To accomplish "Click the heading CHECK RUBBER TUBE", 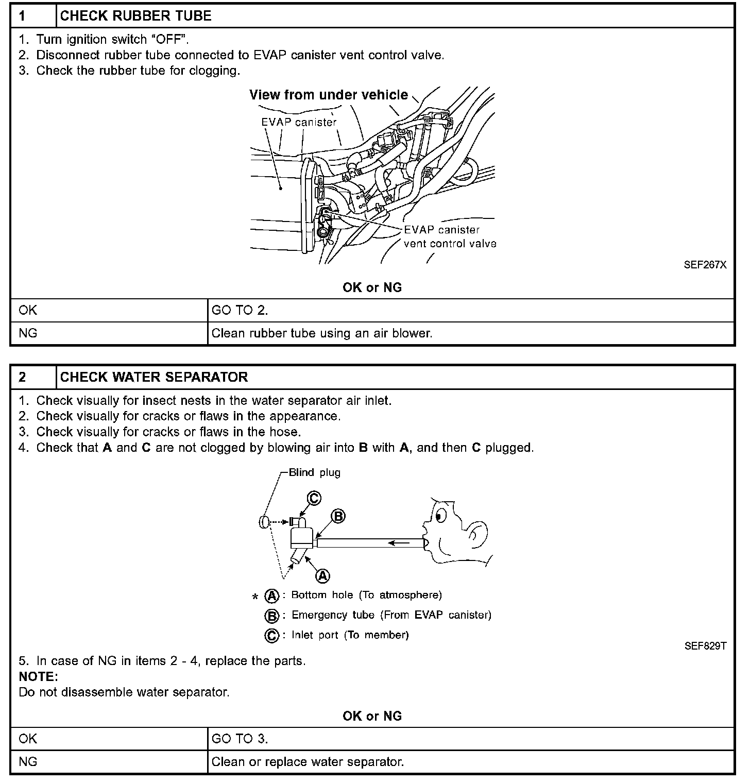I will tap(136, 16).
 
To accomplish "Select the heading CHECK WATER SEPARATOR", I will tap(154, 377).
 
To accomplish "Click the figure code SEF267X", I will tap(705, 265).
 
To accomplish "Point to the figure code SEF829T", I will tap(705, 646).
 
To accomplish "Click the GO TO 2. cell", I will tap(240, 311).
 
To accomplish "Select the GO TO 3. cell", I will tap(240, 739).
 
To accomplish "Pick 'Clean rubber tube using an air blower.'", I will tap(322, 333).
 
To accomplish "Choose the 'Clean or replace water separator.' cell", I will tap(308, 761).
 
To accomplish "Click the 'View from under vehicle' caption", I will tap(329, 95).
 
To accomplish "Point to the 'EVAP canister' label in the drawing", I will tap(299, 123).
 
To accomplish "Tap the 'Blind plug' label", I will tap(314, 472).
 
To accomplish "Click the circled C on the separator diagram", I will tap(314, 498).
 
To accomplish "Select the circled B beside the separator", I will tap(338, 516).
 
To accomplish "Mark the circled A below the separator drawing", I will tap(322, 575).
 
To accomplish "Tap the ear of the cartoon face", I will tap(476, 536).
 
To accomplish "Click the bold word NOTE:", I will tap(38, 676).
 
